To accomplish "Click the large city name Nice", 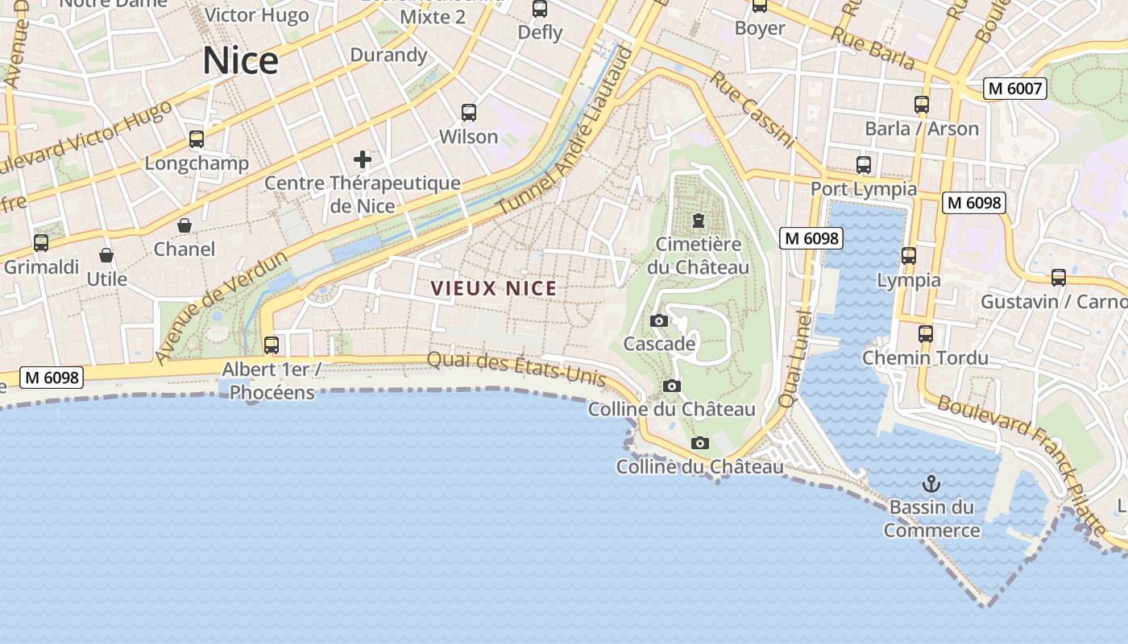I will click(240, 61).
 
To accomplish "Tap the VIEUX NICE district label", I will click(493, 288).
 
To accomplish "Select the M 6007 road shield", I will click(1014, 89).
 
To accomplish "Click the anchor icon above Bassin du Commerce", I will click(931, 484).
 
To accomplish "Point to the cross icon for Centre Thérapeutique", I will click(363, 159).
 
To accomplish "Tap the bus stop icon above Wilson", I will click(469, 113).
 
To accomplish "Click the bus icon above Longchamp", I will click(197, 139).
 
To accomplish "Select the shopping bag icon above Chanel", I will click(185, 225).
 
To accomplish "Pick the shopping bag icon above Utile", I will click(106, 255).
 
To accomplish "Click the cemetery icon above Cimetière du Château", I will click(699, 220).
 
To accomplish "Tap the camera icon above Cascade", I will click(658, 320).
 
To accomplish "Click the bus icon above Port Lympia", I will click(864, 165).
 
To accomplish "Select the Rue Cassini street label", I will click(752, 110).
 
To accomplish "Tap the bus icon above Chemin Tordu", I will click(925, 333).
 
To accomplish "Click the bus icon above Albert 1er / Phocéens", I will click(272, 345).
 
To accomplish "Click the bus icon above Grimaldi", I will click(40, 242).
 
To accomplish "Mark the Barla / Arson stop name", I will click(922, 129).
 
